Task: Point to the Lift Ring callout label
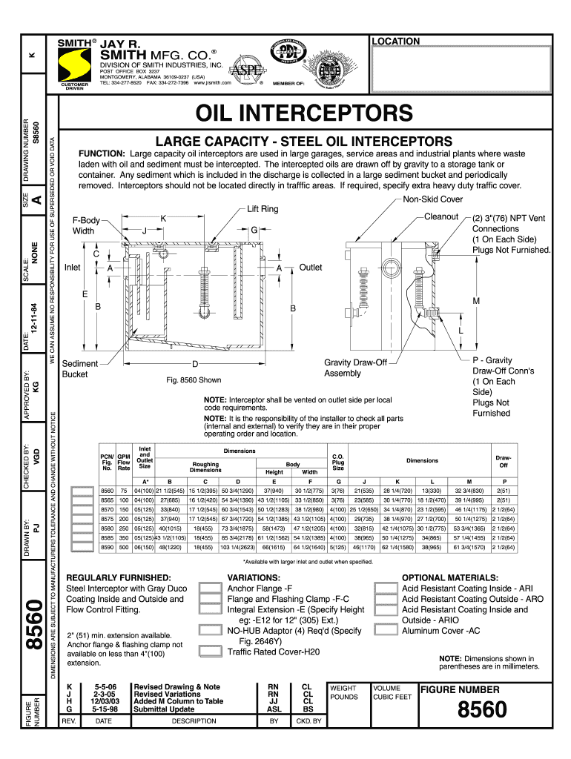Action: [x=263, y=209]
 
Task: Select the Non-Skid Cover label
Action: [x=433, y=199]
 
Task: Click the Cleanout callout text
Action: [x=441, y=216]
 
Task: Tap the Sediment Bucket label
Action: [x=79, y=369]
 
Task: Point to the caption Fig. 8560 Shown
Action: [x=194, y=380]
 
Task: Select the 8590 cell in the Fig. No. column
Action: [x=107, y=547]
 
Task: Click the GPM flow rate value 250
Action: [x=124, y=528]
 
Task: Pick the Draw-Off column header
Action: [x=504, y=461]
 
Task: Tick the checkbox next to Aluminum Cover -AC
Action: [x=386, y=631]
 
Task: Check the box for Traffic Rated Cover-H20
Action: [x=211, y=652]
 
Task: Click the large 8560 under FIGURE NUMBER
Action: [x=482, y=712]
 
